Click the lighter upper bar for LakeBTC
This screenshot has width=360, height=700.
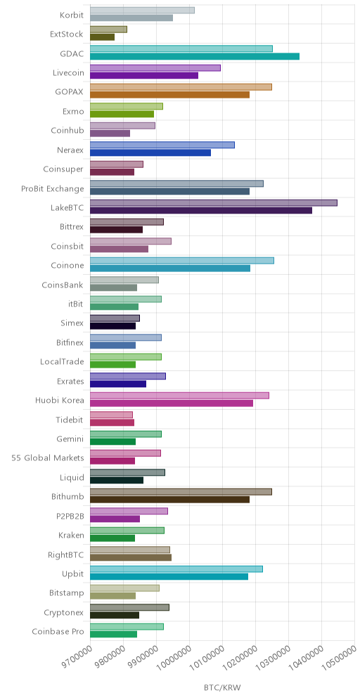click(x=214, y=202)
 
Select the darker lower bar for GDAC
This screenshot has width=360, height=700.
click(x=195, y=56)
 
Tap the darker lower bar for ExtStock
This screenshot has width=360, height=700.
click(x=102, y=37)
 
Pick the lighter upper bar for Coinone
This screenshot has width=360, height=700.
click(x=182, y=261)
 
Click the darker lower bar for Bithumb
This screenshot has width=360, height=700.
click(x=169, y=500)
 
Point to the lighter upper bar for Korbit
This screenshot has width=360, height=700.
click(x=142, y=11)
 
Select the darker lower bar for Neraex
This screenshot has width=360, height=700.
click(x=150, y=153)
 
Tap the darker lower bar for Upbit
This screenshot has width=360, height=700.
click(x=169, y=577)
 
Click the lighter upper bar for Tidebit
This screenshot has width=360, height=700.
click(x=111, y=415)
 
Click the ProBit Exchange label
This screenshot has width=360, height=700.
click(x=52, y=189)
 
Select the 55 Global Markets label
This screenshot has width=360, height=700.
click(x=48, y=458)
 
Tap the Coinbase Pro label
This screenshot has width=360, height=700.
click(x=58, y=632)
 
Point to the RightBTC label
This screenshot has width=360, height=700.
click(x=65, y=555)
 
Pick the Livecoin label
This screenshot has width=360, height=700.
click(x=68, y=73)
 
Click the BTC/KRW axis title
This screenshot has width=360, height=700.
click(x=222, y=688)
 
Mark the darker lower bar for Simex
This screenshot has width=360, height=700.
click(x=112, y=326)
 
